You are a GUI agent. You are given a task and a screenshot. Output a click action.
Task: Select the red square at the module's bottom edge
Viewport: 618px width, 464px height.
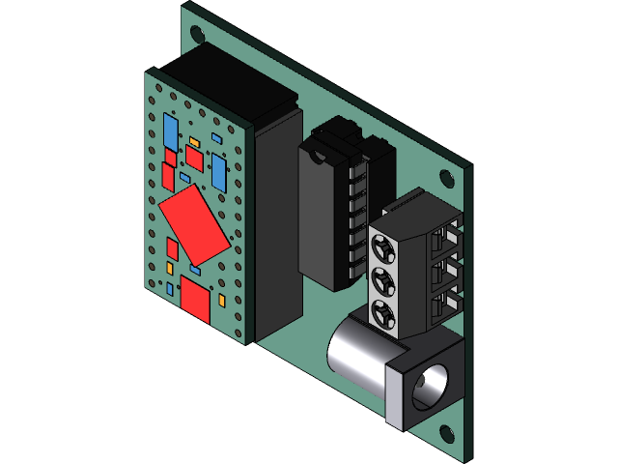tap(196, 299)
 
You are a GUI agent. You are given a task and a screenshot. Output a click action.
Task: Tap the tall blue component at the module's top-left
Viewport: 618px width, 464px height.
tap(170, 130)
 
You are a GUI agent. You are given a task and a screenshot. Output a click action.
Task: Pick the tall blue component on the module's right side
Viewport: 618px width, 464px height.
tap(219, 171)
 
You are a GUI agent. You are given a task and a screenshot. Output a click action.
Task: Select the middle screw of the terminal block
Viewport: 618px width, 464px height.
tap(382, 281)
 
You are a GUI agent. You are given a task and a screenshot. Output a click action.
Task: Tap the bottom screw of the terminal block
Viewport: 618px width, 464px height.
tap(382, 313)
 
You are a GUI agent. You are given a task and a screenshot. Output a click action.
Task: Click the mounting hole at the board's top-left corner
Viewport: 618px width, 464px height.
tap(198, 31)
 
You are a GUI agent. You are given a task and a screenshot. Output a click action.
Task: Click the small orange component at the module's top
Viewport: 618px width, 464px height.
tap(194, 142)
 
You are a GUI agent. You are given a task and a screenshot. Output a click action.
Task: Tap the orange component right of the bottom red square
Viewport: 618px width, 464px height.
tap(223, 301)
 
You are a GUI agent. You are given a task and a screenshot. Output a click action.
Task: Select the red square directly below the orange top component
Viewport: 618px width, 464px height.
tap(194, 159)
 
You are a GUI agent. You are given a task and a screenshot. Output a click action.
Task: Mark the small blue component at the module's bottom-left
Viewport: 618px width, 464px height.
tap(170, 288)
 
